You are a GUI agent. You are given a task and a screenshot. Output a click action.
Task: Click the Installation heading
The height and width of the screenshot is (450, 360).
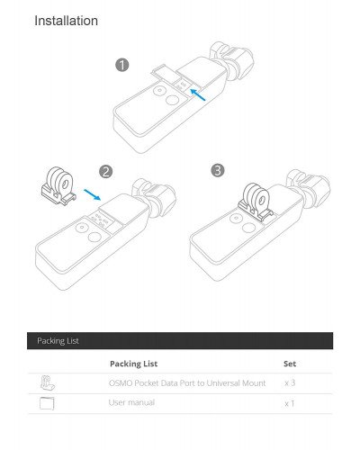click(67, 20)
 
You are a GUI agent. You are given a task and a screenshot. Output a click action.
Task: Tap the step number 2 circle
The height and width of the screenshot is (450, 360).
click(105, 170)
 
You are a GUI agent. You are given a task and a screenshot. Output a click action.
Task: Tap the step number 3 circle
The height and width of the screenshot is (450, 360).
click(217, 169)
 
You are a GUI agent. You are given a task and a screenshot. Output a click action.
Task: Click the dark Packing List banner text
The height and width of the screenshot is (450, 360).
click(58, 341)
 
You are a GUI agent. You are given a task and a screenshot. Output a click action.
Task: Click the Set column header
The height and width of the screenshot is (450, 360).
click(290, 364)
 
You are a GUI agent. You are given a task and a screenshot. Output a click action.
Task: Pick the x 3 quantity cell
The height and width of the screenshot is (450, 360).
click(290, 383)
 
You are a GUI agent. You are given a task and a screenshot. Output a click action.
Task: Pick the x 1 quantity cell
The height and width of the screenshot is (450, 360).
click(290, 403)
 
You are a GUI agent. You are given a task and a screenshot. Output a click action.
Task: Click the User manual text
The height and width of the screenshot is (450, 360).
click(130, 402)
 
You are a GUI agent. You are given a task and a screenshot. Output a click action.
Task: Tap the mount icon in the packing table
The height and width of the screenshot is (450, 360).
click(48, 383)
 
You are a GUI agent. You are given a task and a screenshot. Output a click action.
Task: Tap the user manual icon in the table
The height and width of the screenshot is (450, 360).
click(48, 403)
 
